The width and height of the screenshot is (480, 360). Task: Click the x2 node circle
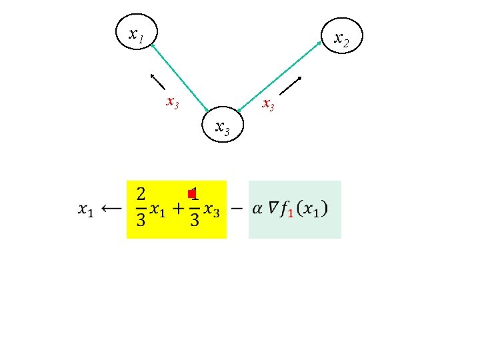pos(341,39)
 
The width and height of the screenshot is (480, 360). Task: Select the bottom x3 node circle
pos(223,125)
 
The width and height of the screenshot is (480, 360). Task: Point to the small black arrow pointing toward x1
pos(158,81)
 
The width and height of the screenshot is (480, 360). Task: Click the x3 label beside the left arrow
pos(172,103)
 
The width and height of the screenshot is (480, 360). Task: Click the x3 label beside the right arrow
pos(268,104)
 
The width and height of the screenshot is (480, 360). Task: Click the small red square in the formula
pos(191,194)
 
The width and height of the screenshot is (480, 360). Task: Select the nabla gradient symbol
pos(273,208)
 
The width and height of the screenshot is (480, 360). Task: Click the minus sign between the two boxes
pos(237,209)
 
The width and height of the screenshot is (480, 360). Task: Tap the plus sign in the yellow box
pos(178,209)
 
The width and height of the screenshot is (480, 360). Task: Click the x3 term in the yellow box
pos(211,210)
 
